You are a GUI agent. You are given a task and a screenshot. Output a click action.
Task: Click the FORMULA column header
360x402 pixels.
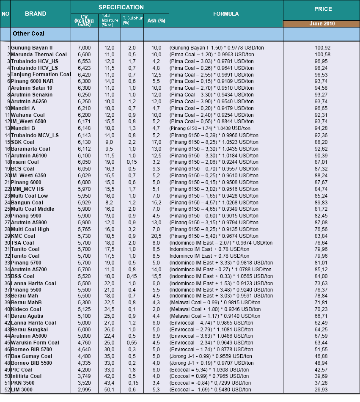pyautogui.click(x=226, y=14)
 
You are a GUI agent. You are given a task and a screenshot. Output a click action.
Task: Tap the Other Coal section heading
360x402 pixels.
pyautogui.click(x=28, y=33)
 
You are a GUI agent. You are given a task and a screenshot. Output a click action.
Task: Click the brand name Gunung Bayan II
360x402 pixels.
pyautogui.click(x=32, y=48)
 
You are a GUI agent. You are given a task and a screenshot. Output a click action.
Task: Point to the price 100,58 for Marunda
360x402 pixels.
pyautogui.click(x=322, y=55)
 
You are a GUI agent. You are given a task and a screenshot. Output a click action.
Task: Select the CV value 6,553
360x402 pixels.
pyautogui.click(x=84, y=61)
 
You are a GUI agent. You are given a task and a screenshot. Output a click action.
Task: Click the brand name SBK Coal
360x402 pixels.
pyautogui.click(x=23, y=142)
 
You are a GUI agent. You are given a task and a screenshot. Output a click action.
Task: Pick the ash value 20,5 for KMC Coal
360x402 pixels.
pyautogui.click(x=156, y=236)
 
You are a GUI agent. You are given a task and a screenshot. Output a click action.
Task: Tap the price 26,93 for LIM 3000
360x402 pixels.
pyautogui.click(x=322, y=390)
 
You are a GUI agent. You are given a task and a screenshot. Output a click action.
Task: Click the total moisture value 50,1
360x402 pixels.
pyautogui.click(x=110, y=390)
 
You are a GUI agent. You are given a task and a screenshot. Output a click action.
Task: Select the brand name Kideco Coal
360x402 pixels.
pyautogui.click(x=26, y=309)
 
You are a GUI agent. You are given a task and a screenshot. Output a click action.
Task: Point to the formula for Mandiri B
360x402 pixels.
pyautogui.click(x=210, y=128)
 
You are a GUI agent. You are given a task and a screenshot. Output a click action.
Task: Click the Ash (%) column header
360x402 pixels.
pyautogui.click(x=156, y=20)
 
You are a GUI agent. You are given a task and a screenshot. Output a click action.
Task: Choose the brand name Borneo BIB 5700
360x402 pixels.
pyautogui.click(x=32, y=350)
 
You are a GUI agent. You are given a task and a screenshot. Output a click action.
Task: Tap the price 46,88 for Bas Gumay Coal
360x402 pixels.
pyautogui.click(x=322, y=356)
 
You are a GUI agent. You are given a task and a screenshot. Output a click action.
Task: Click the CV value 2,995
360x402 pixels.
pyautogui.click(x=84, y=390)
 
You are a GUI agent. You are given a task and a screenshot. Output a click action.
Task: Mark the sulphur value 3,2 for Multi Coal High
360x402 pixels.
pyautogui.click(x=132, y=229)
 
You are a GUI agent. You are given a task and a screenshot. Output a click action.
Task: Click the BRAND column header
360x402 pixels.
pyautogui.click(x=36, y=14)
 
